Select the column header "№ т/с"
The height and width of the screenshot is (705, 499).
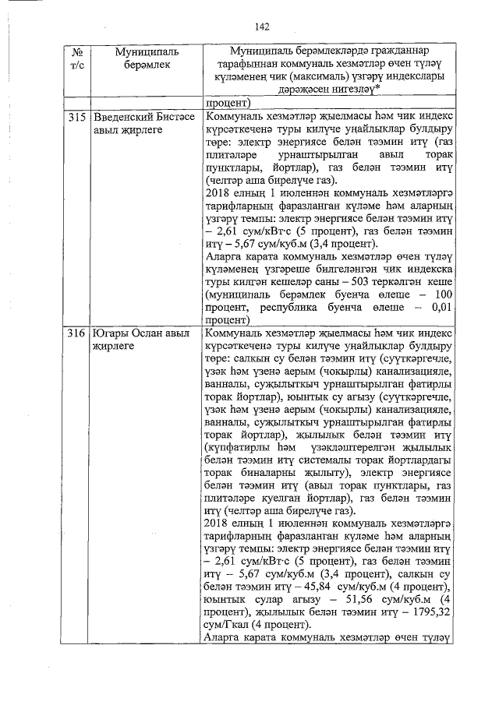click(76, 59)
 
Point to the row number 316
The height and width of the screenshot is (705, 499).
click(76, 333)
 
